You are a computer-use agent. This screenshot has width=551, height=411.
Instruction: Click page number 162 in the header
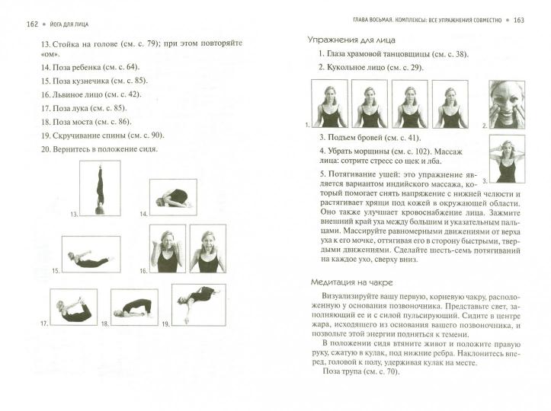click(x=32, y=24)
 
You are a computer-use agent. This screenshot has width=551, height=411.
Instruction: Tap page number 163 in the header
click(x=519, y=21)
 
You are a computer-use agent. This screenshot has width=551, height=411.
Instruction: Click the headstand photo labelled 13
click(x=100, y=188)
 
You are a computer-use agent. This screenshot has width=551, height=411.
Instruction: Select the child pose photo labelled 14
click(x=173, y=197)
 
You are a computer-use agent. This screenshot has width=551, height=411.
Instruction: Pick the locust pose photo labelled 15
click(x=91, y=254)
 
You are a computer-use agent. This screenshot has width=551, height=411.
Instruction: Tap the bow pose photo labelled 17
click(x=73, y=307)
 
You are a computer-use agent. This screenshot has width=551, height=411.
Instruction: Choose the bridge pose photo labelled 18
click(x=134, y=307)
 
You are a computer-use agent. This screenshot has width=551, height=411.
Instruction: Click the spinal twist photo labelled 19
click(x=199, y=304)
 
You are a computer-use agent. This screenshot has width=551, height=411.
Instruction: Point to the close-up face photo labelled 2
click(x=507, y=104)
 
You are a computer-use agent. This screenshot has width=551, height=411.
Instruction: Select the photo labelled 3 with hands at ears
click(x=507, y=159)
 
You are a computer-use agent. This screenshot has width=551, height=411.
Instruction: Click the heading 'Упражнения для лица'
click(x=351, y=40)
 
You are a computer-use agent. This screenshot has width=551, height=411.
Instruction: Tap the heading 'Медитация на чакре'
click(x=352, y=282)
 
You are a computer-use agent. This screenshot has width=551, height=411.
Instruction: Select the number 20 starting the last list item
click(x=46, y=149)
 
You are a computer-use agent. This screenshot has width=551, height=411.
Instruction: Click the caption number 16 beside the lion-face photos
click(x=143, y=271)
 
